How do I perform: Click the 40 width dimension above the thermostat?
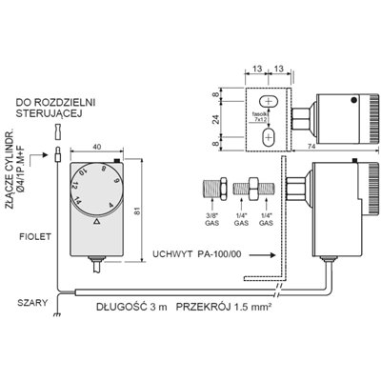(100, 146)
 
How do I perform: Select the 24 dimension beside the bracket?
(216, 121)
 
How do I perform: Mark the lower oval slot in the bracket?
(270, 135)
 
